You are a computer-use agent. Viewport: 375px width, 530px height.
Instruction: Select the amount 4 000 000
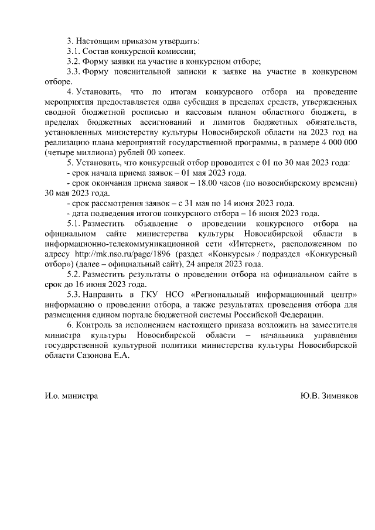click(336, 142)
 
